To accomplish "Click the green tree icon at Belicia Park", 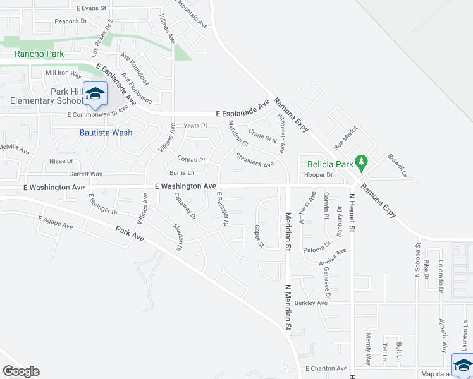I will click(362, 162).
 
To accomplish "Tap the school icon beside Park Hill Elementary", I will click(95, 95).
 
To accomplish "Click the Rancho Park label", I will click(40, 54).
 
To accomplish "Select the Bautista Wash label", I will click(106, 133).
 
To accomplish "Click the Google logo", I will click(20, 371).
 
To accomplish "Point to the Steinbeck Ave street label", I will click(254, 160).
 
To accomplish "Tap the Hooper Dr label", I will click(318, 174).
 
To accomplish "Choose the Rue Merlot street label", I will click(346, 137).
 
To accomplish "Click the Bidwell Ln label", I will click(396, 164).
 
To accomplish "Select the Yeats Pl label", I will click(195, 126).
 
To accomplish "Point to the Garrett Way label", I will click(85, 174).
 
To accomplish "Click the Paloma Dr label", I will click(318, 245).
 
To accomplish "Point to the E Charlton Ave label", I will click(326, 368).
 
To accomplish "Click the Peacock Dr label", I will click(70, 21).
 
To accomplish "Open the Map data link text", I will click(436, 374).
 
